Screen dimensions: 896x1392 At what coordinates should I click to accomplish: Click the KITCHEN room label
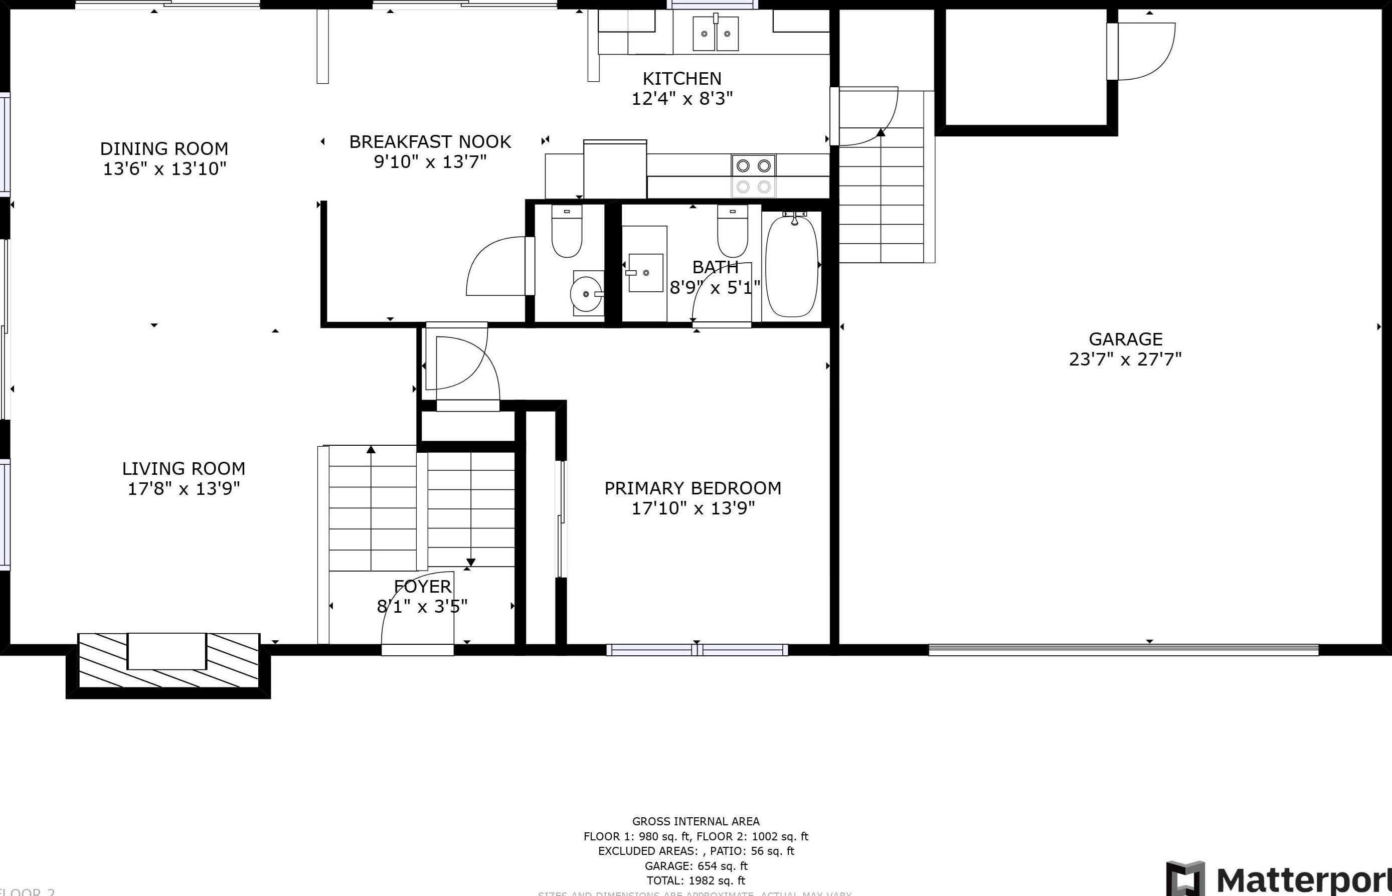coord(682,79)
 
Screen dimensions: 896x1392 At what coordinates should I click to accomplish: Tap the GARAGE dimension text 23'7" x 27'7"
coord(1125,360)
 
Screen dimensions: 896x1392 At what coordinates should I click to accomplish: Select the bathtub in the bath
coord(791,266)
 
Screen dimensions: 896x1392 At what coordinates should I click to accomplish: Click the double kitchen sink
coord(716,33)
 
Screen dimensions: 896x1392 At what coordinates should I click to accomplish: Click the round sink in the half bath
coord(586,294)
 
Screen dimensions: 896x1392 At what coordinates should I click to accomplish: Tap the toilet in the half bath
coord(567,231)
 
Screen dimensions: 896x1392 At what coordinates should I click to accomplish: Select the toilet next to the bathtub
coord(733,231)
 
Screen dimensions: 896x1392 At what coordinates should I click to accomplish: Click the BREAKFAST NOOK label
coord(430,142)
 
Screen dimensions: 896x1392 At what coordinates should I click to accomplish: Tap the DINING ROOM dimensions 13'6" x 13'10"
coord(164,169)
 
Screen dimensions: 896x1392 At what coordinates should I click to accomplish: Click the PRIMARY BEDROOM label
coord(692,488)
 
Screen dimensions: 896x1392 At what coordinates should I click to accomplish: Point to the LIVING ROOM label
coord(183,468)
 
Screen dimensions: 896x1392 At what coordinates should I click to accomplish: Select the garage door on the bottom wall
coord(1123,650)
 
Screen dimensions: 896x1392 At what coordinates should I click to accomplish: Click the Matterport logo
coord(1280,878)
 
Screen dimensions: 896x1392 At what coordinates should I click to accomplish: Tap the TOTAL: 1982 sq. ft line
coord(695,880)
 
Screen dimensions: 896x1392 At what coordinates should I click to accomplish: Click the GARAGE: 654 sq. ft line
coord(695,866)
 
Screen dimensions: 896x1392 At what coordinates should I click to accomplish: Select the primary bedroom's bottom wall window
coord(697,650)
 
